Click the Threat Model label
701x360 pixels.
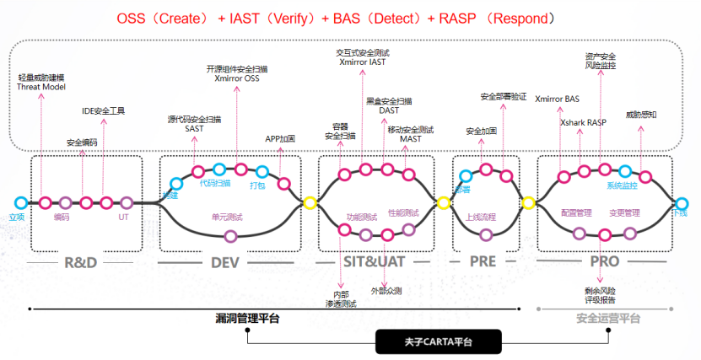click(x=41, y=86)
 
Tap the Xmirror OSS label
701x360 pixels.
click(x=238, y=78)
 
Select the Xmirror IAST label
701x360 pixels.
click(x=363, y=62)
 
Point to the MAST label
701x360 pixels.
click(x=411, y=138)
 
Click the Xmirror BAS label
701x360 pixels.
click(x=558, y=99)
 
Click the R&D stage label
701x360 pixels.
click(x=81, y=261)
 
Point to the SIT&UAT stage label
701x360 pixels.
click(x=372, y=261)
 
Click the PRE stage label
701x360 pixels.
click(x=484, y=261)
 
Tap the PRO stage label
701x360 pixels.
click(x=604, y=261)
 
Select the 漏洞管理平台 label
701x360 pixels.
click(x=246, y=318)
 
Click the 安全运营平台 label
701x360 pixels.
click(x=608, y=318)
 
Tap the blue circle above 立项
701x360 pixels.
click(x=20, y=202)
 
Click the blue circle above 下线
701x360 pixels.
click(x=682, y=202)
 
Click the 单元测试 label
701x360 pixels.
click(x=227, y=217)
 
